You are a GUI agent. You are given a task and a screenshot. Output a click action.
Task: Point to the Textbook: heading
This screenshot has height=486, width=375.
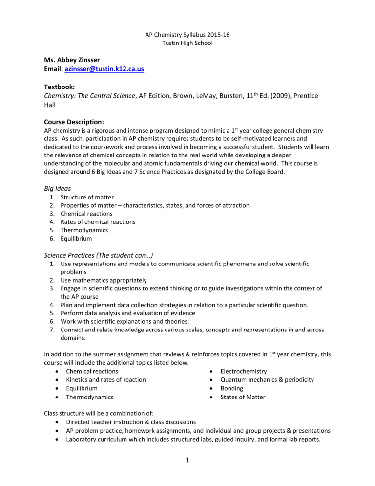[x=61, y=88]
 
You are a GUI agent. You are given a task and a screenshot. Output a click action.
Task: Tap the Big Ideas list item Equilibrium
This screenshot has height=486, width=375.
[x=77, y=238]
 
